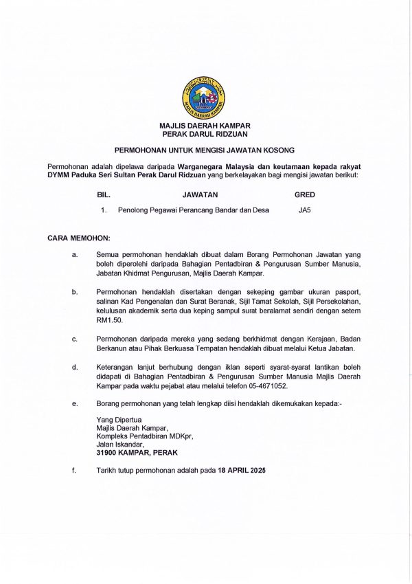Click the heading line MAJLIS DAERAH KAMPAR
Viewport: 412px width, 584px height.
(205, 126)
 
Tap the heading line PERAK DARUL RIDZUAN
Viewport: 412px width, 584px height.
(205, 135)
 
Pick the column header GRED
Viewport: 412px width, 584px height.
(305, 194)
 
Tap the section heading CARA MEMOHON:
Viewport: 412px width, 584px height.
(79, 238)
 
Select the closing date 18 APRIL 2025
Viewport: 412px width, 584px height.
(241, 471)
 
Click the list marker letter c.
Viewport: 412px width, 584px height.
(74, 339)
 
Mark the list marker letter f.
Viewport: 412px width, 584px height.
(74, 471)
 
